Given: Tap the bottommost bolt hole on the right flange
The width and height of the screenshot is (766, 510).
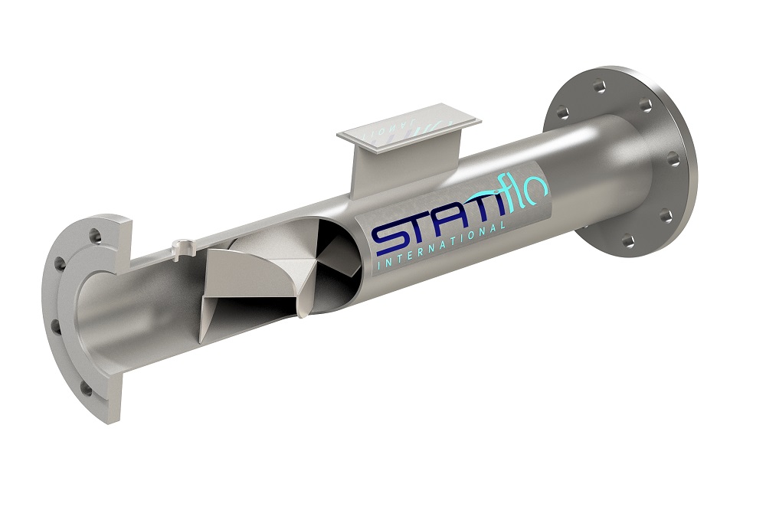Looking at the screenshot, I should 628,240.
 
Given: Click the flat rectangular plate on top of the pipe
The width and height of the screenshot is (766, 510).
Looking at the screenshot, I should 408,127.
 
